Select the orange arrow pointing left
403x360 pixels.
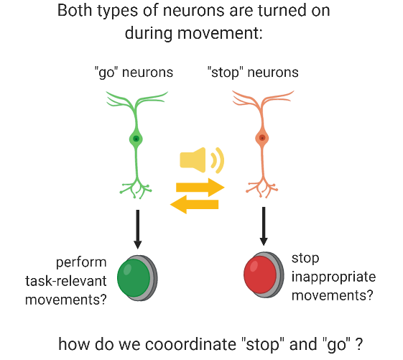click(x=194, y=206)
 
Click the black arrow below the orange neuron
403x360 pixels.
click(x=264, y=224)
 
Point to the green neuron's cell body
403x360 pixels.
click(x=136, y=139)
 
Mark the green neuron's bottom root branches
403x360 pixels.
click(x=136, y=188)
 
